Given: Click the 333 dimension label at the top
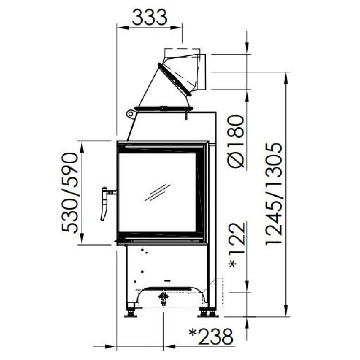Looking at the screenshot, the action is [149, 17].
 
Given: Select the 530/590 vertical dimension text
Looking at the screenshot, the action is [70, 193].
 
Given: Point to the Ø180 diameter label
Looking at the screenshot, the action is [235, 141].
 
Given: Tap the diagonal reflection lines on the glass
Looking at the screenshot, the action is [158, 192].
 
